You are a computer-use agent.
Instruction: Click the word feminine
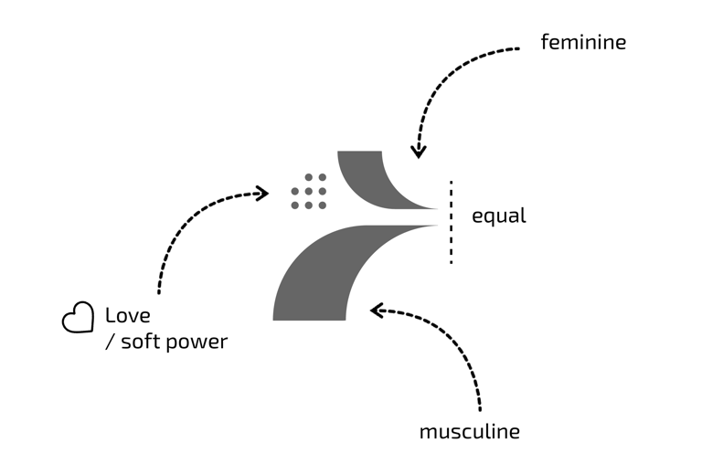(583, 42)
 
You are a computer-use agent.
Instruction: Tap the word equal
(498, 216)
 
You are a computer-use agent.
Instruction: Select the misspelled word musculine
(469, 431)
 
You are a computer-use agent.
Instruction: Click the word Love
(127, 316)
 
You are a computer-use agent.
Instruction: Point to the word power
(199, 342)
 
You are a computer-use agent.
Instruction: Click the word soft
(142, 342)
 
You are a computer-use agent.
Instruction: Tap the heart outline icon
(78, 317)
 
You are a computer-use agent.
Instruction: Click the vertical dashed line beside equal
(451, 222)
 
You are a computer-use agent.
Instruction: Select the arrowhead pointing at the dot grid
(262, 193)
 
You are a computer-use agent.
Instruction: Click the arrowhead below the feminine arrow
(418, 151)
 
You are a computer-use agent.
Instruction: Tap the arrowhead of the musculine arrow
(376, 311)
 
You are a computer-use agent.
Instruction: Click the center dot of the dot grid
(309, 191)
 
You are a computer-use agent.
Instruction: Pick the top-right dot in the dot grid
(323, 177)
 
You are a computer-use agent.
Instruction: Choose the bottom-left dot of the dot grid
(295, 205)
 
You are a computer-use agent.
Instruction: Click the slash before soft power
(110, 343)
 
